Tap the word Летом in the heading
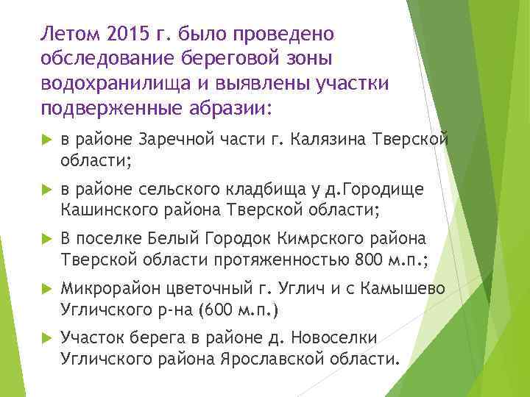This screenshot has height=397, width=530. (x=71, y=34)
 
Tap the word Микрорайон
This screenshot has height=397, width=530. (x=110, y=289)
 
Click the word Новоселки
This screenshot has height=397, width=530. (x=334, y=338)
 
